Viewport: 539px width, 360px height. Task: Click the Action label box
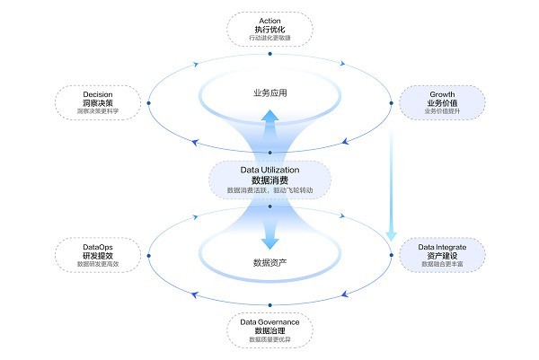[269, 29]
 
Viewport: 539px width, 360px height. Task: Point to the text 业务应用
[269, 94]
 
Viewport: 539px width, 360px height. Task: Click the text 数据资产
[269, 263]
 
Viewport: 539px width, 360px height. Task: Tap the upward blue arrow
[269, 130]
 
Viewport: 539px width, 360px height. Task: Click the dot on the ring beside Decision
[148, 102]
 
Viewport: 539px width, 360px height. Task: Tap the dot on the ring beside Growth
[391, 102]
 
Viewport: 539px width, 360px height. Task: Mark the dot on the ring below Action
[269, 54]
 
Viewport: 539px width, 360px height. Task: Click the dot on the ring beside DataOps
[148, 255]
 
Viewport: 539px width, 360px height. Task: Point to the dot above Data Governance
[269, 305]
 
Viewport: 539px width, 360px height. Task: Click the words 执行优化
[269, 29]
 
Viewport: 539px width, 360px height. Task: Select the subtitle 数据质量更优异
[269, 340]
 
